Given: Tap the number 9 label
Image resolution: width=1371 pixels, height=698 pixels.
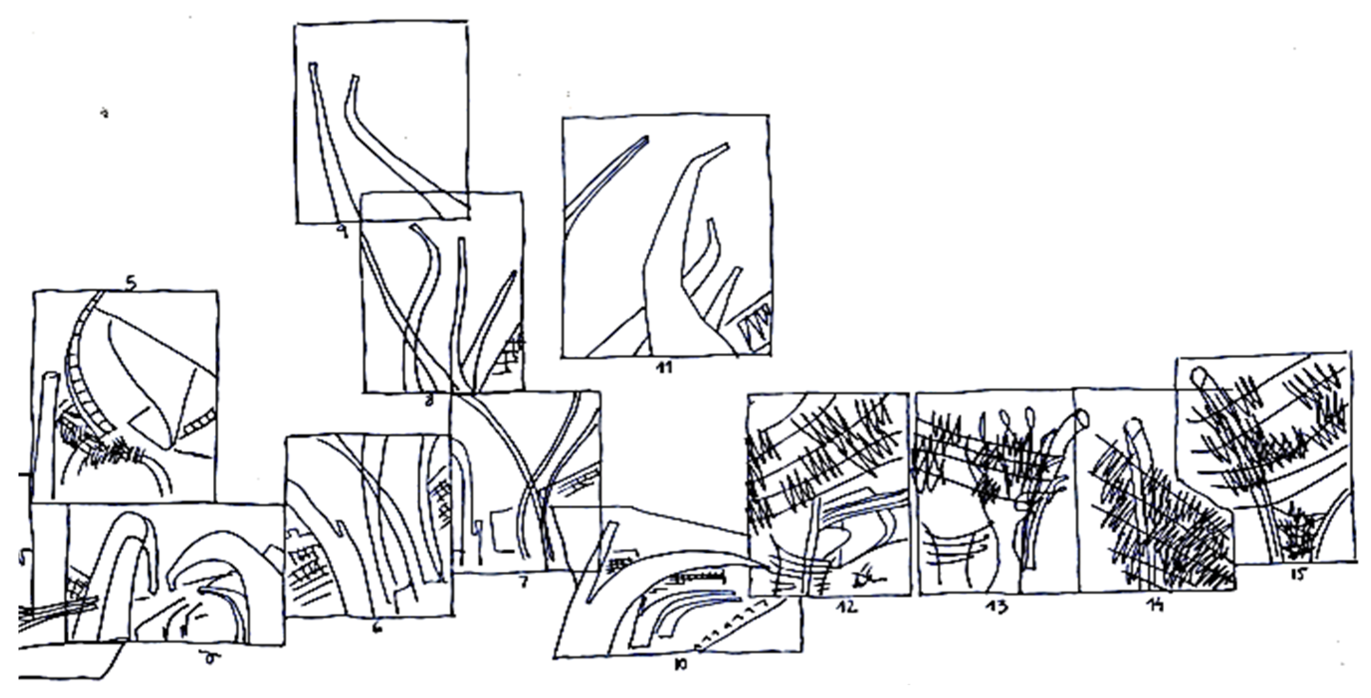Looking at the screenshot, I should click(342, 232).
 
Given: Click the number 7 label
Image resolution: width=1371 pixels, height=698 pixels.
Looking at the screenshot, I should click(524, 583).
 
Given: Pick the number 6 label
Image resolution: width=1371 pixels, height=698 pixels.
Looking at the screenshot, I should click(377, 628).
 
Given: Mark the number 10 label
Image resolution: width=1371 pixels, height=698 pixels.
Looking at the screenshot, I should click(680, 664).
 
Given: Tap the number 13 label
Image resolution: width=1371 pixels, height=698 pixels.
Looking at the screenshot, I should click(995, 607).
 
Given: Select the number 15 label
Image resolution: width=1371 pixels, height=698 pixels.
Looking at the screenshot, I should click(1298, 575).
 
